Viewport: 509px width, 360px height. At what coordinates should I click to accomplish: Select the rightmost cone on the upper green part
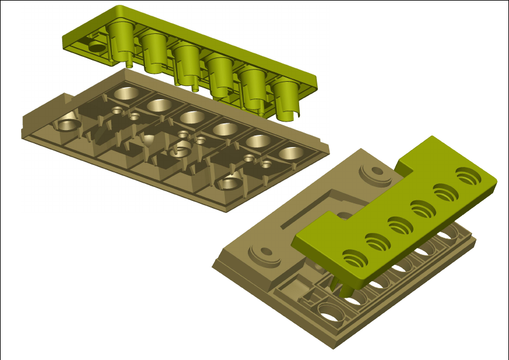pos(286,97)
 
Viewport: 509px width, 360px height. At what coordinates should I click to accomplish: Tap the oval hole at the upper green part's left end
pos(96,46)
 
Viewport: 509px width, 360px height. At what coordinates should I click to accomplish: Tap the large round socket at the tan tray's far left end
pos(69,125)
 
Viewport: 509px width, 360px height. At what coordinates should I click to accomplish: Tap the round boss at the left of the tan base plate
pos(264,252)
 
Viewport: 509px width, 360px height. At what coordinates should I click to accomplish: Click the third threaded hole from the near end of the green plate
pos(400,226)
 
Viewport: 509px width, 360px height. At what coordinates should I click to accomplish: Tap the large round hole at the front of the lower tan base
pos(330,312)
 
